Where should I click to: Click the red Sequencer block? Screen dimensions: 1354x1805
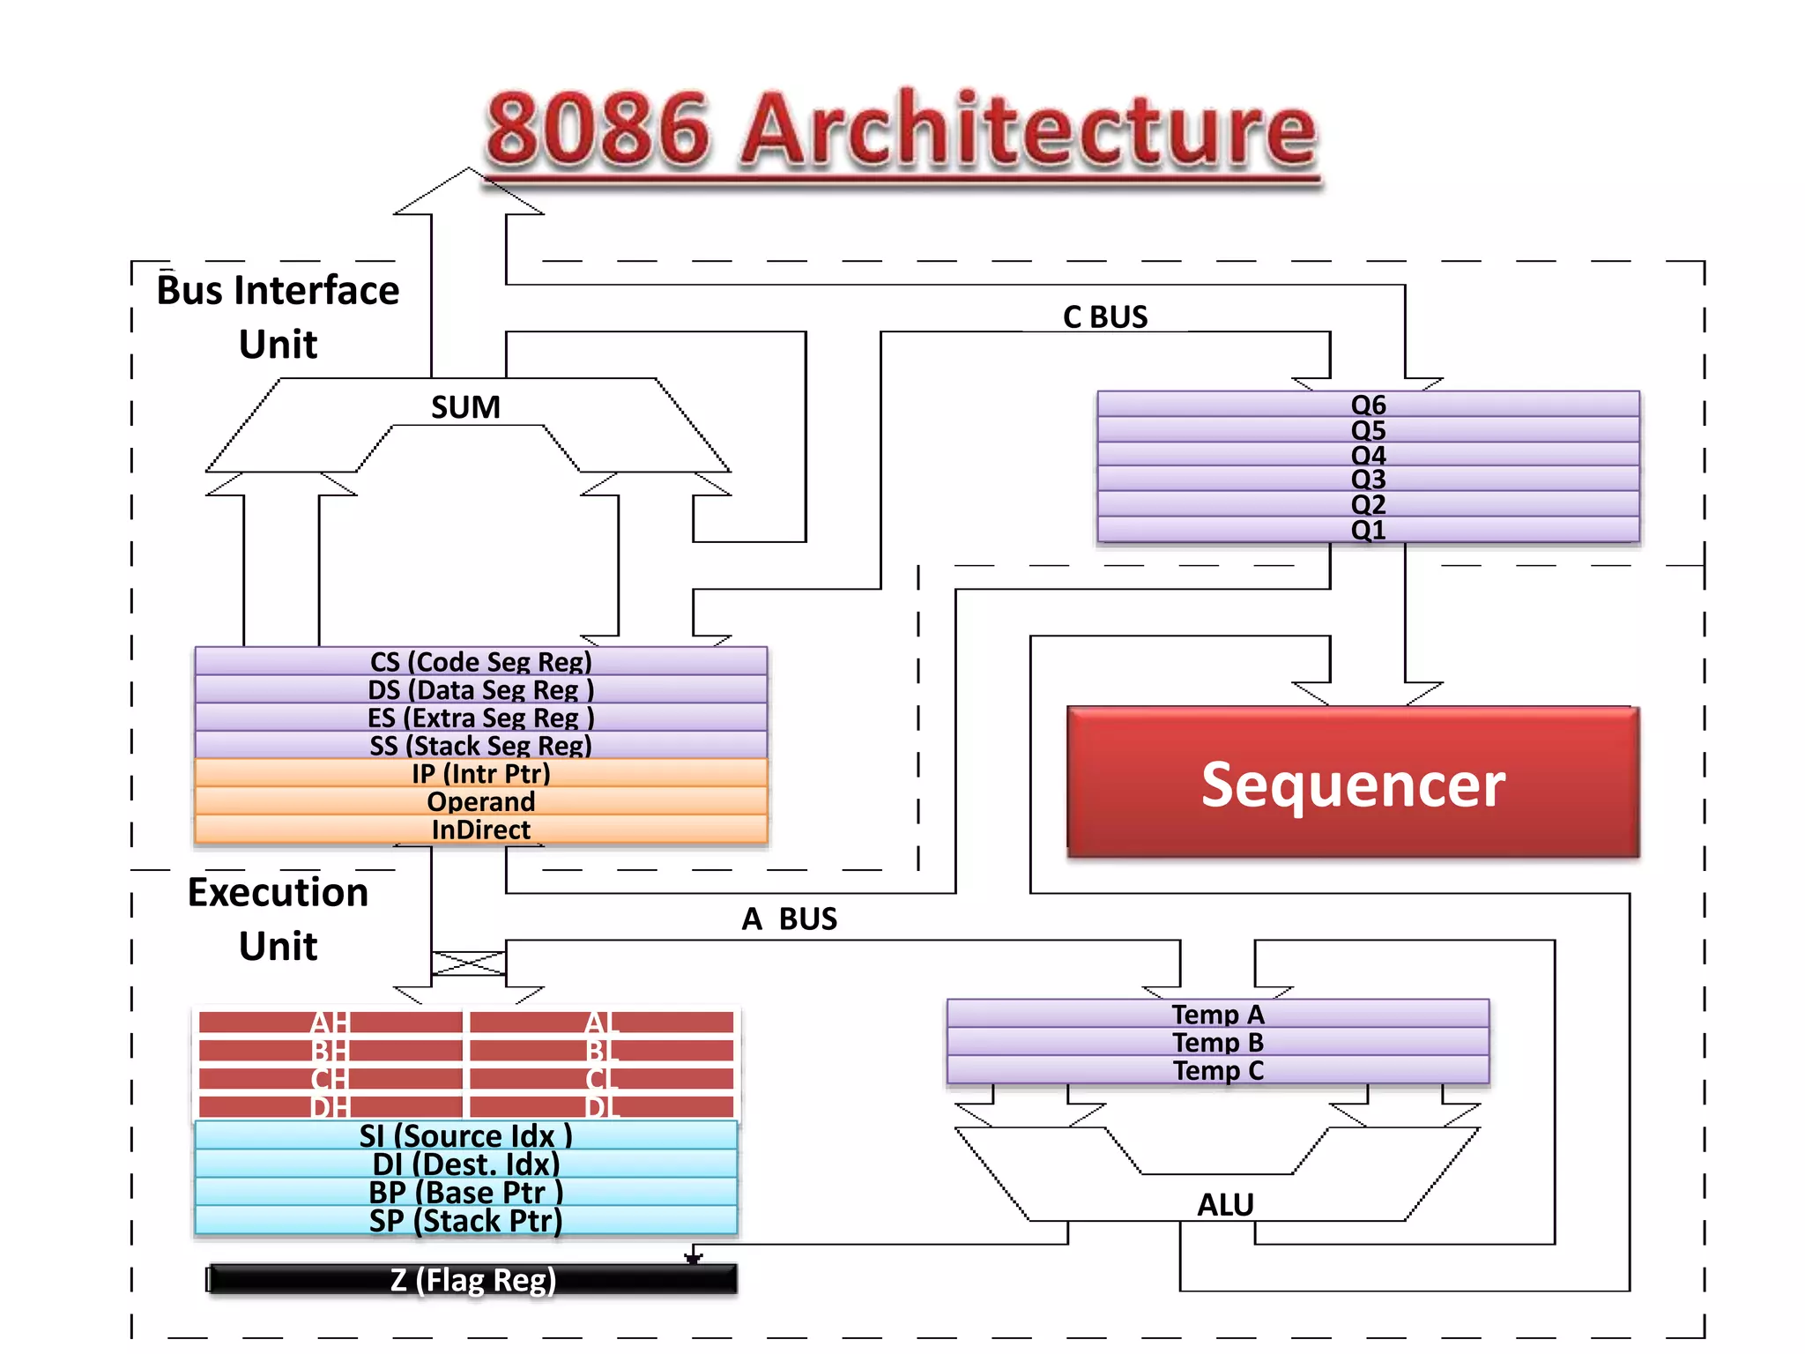1352,783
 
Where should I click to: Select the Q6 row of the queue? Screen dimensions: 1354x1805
1368,405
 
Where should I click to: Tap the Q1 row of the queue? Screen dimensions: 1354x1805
1368,530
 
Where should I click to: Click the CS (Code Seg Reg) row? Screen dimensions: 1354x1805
480,661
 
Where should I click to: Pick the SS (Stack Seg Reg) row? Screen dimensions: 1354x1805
480,745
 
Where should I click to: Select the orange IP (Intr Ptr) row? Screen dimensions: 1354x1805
480,773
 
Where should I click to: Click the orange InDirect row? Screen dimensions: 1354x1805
480,830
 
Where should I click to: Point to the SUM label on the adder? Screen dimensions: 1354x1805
465,407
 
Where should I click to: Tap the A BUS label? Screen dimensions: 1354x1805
789,919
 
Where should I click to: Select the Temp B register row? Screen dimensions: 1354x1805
1217,1042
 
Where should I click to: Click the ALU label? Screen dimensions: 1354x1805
1225,1204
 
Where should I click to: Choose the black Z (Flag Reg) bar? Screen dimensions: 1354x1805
472,1280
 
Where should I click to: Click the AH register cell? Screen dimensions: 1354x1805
331,1023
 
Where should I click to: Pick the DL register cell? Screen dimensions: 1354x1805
602,1106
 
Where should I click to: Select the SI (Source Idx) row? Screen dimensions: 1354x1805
465,1135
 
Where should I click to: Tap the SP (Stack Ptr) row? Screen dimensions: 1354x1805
465,1221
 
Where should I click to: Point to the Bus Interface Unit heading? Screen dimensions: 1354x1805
278,316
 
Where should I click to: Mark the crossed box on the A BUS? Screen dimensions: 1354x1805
469,963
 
